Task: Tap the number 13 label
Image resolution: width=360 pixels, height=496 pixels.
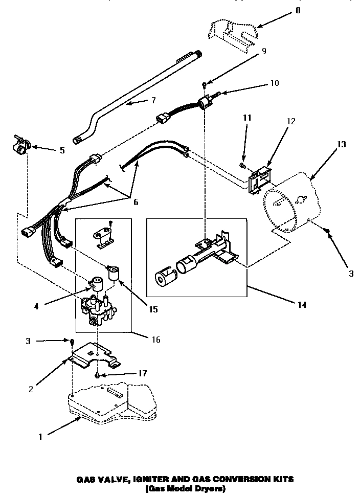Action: (x=341, y=144)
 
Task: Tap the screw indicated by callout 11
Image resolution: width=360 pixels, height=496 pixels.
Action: (x=243, y=166)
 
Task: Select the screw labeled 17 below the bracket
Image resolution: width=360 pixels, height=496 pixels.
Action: (x=97, y=376)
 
